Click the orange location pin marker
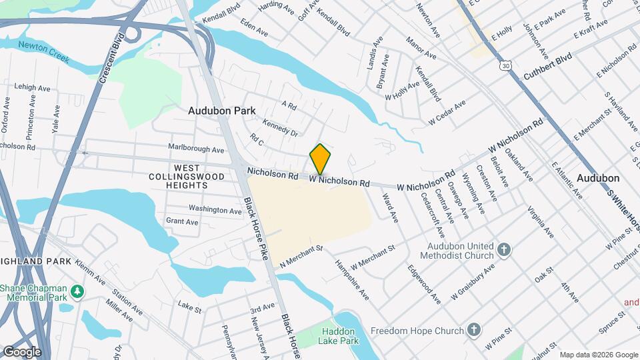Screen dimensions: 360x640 click(320, 159)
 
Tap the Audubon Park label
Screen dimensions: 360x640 click(217, 111)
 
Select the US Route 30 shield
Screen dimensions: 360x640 click(506, 65)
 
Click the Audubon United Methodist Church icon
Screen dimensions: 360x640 click(505, 251)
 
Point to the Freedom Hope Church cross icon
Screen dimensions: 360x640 click(473, 329)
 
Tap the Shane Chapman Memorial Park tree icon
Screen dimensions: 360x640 click(77, 291)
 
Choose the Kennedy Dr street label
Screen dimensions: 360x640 click(280, 127)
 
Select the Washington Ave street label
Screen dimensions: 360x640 click(215, 209)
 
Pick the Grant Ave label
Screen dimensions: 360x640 click(182, 221)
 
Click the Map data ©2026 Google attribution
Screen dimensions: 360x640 click(599, 355)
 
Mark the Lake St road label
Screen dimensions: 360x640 click(189, 305)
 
